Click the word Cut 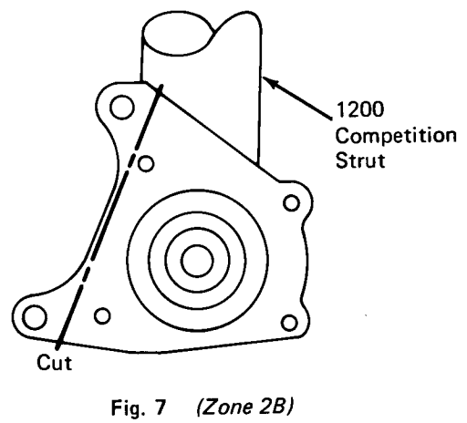(x=55, y=362)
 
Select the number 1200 (x=359, y=109)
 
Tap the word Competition (x=396, y=137)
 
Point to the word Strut (x=360, y=160)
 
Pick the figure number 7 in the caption (x=161, y=407)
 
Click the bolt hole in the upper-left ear (x=122, y=107)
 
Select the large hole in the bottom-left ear (x=35, y=317)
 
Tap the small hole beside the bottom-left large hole (x=102, y=315)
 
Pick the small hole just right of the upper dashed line (x=146, y=163)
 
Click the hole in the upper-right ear (x=291, y=203)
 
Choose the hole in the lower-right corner (x=289, y=323)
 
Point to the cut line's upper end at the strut (x=161, y=87)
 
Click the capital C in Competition (x=342, y=136)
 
